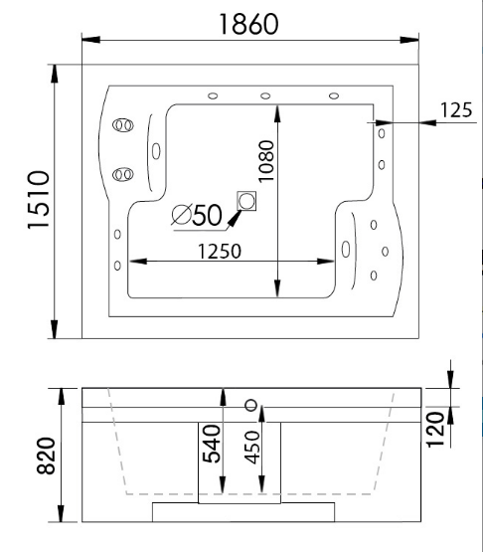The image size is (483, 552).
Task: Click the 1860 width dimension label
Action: [248, 24]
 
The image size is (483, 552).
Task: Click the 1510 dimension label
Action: [38, 200]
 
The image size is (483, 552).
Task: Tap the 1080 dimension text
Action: [266, 161]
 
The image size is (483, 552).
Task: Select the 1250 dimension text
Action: [220, 252]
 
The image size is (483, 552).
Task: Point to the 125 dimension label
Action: [456, 109]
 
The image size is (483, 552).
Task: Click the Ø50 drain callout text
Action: [197, 215]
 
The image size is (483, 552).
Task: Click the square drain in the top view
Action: [246, 201]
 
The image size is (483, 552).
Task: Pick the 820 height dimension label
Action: [47, 456]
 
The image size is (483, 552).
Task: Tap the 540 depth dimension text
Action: [211, 444]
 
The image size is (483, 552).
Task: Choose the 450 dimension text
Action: [251, 448]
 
